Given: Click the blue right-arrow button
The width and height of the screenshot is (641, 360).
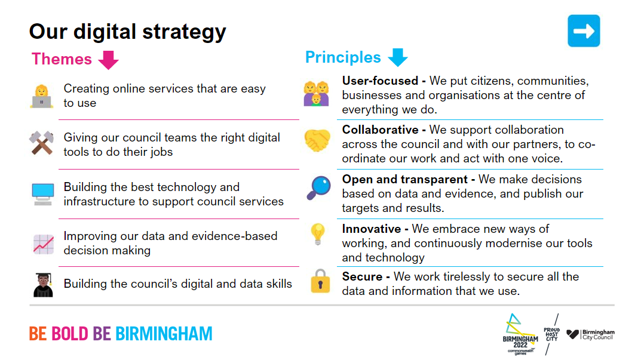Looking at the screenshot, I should point(583,31).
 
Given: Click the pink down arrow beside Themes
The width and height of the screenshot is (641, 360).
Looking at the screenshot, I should point(108,60).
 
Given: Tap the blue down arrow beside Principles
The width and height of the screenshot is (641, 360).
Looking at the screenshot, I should point(397,57).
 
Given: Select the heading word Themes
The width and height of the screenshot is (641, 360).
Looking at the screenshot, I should point(62,59).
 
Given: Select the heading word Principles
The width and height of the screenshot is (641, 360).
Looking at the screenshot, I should point(343,57).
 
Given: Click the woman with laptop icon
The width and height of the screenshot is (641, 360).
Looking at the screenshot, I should point(42,96).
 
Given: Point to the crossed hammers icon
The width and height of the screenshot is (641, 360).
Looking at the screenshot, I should point(42,143).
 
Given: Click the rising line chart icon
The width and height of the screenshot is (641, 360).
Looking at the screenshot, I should point(43,244).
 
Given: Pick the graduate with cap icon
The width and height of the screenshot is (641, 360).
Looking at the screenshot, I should point(43,284).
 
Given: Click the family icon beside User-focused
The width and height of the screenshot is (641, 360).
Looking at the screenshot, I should point(316,93).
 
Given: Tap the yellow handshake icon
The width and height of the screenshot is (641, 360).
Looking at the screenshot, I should point(317,141).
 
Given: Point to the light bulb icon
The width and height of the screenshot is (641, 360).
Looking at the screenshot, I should point(317,235).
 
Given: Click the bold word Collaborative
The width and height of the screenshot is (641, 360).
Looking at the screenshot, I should point(380,130).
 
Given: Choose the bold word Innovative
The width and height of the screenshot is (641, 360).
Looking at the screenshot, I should point(371,229).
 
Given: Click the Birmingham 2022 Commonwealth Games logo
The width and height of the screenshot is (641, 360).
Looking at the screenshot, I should point(520,334).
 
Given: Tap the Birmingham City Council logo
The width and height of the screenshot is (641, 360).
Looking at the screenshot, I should point(590,335).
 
